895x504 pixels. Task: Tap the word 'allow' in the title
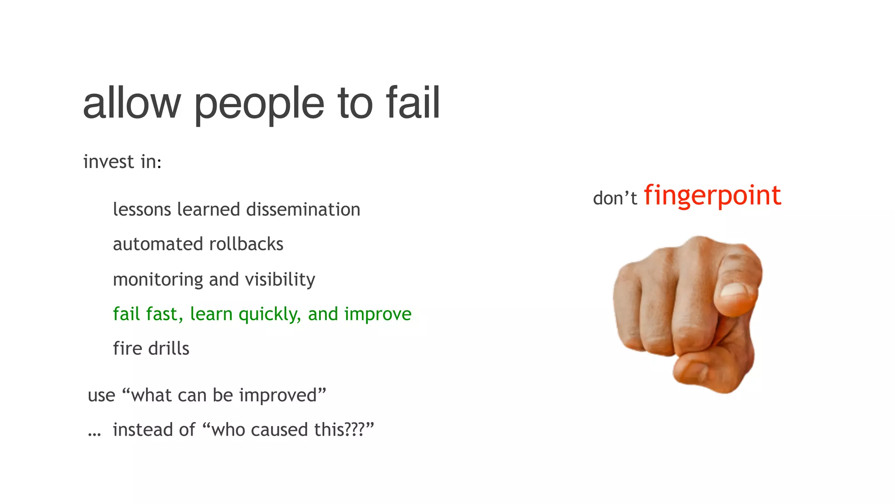(x=132, y=103)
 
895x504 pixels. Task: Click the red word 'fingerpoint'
(x=712, y=195)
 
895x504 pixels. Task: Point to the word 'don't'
(x=615, y=198)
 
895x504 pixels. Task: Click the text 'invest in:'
(x=122, y=161)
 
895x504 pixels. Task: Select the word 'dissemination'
(x=303, y=209)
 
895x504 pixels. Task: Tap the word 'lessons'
(x=142, y=209)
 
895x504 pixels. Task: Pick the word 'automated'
(x=158, y=244)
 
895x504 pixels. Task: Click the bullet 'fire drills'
(x=151, y=348)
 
